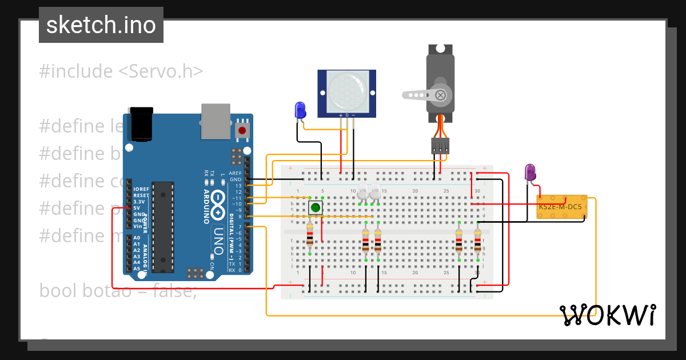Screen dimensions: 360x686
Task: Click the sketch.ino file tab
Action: pyautogui.click(x=101, y=25)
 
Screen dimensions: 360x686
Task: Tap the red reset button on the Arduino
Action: pyautogui.click(x=242, y=131)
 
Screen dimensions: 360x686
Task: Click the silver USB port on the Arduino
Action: pyautogui.click(x=216, y=121)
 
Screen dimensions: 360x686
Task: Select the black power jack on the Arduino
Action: pyautogui.click(x=141, y=123)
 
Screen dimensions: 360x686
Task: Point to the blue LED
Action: pyautogui.click(x=300, y=111)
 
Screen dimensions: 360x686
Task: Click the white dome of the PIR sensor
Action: pyautogui.click(x=347, y=91)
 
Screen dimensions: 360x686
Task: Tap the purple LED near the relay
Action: pyautogui.click(x=531, y=173)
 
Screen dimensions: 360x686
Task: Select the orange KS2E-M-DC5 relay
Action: pyautogui.click(x=561, y=207)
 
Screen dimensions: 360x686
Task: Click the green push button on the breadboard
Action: pyautogui.click(x=315, y=207)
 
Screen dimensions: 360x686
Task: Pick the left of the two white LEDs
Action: pyautogui.click(x=363, y=192)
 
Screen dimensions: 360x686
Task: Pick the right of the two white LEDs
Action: pyautogui.click(x=375, y=192)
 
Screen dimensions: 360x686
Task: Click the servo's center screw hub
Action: pyautogui.click(x=441, y=95)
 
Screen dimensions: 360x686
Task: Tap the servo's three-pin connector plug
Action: pyautogui.click(x=440, y=146)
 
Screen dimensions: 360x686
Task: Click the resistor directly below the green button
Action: pyautogui.click(x=310, y=234)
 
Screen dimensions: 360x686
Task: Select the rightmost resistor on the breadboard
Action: pyautogui.click(x=477, y=240)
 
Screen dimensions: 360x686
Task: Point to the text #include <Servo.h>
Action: pyautogui.click(x=121, y=71)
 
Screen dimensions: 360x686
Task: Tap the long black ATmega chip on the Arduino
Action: pyautogui.click(x=163, y=226)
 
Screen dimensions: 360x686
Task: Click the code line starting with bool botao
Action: pyautogui.click(x=118, y=291)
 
